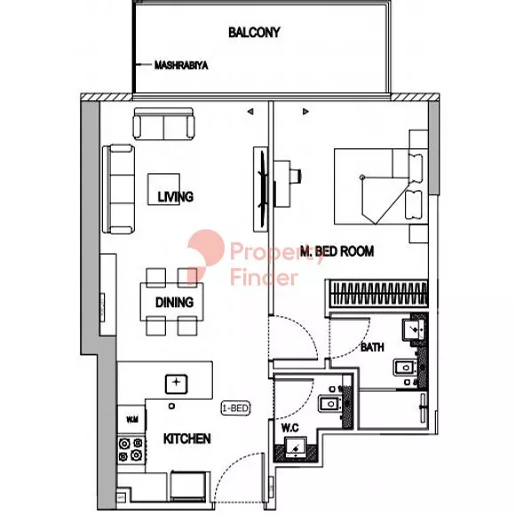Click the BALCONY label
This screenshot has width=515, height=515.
click(x=254, y=33)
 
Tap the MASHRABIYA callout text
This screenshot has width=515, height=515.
click(x=181, y=66)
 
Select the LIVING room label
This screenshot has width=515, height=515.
click(x=176, y=197)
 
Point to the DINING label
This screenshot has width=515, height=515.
click(x=174, y=302)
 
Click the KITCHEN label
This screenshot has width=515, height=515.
click(x=186, y=439)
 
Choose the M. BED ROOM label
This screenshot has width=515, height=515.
click(x=337, y=251)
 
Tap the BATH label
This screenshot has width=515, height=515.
click(x=372, y=347)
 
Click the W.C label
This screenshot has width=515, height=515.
click(x=290, y=428)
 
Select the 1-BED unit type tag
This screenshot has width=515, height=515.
click(x=236, y=408)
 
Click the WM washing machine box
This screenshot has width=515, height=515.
click(x=131, y=419)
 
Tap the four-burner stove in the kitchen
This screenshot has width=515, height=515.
click(x=131, y=449)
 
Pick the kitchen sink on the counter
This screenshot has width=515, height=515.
click(x=177, y=384)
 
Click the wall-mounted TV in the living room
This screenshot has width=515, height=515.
click(x=261, y=189)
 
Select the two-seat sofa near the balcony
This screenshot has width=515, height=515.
click(x=163, y=124)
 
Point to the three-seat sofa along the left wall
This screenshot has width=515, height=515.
click(x=119, y=189)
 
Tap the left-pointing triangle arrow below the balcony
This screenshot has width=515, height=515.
click(x=250, y=112)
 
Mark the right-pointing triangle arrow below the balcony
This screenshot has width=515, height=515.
click(x=305, y=112)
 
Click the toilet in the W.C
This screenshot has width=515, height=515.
click(x=296, y=448)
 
